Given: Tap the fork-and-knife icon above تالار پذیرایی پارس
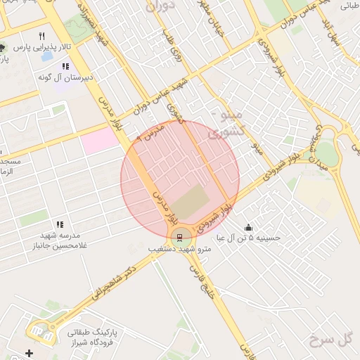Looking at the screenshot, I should (x=41, y=36).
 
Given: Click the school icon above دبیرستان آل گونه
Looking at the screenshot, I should (x=65, y=67).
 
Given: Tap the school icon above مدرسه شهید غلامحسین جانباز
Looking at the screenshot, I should (x=59, y=224).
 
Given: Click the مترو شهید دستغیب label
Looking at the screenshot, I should (x=179, y=250).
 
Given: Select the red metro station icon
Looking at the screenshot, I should (x=179, y=237).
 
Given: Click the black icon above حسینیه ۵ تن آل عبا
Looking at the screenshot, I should (x=248, y=227).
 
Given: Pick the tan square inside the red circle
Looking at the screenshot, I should (x=191, y=204).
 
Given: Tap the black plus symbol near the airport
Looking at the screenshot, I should (x=29, y=352).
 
